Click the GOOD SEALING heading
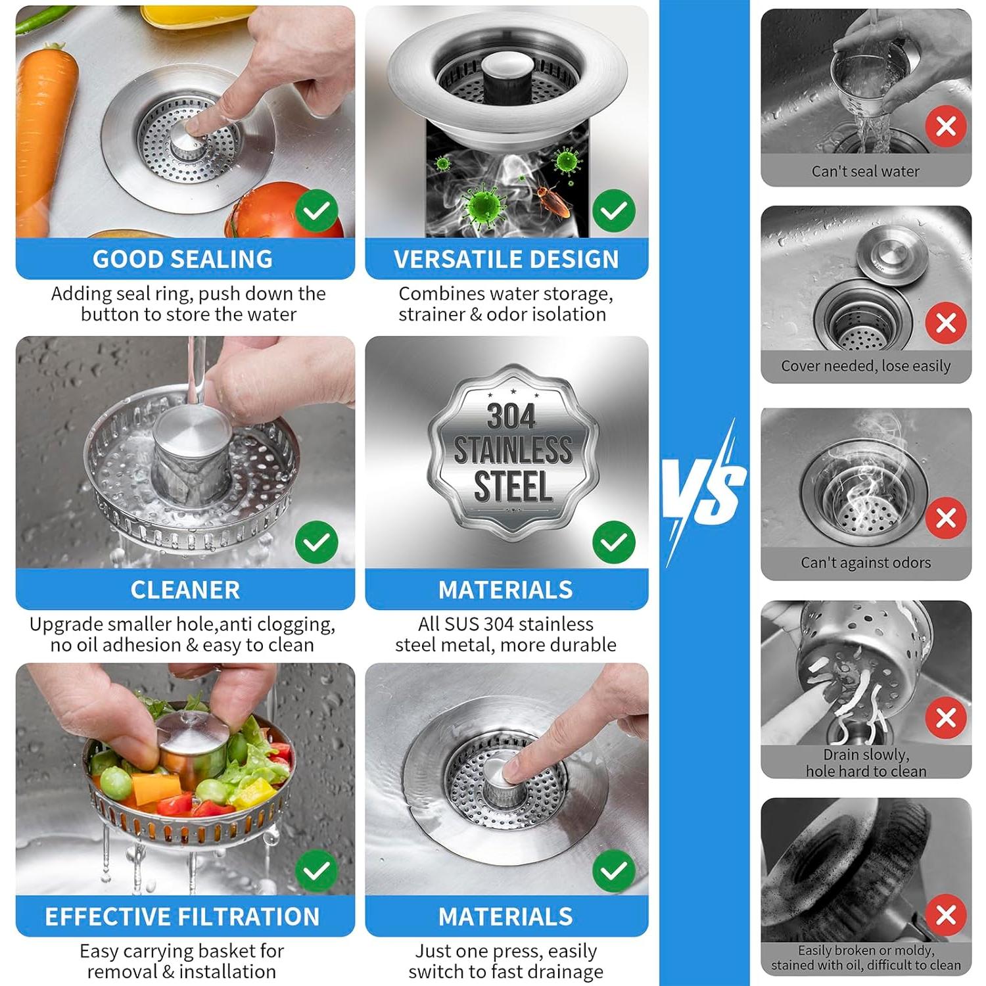[x=183, y=259]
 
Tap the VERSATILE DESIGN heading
[x=506, y=259]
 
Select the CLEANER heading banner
[x=185, y=590]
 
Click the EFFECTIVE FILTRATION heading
[x=182, y=916]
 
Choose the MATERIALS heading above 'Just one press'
[x=505, y=916]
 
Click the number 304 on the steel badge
[x=511, y=415]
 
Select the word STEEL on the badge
[x=513, y=487]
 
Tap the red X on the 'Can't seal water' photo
[x=946, y=126]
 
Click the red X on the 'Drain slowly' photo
[x=946, y=718]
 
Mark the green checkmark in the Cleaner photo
[x=317, y=542]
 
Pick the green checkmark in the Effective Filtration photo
[x=317, y=870]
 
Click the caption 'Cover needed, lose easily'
[x=866, y=366]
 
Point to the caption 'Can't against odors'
[x=866, y=563]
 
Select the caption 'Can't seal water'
[x=866, y=172]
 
